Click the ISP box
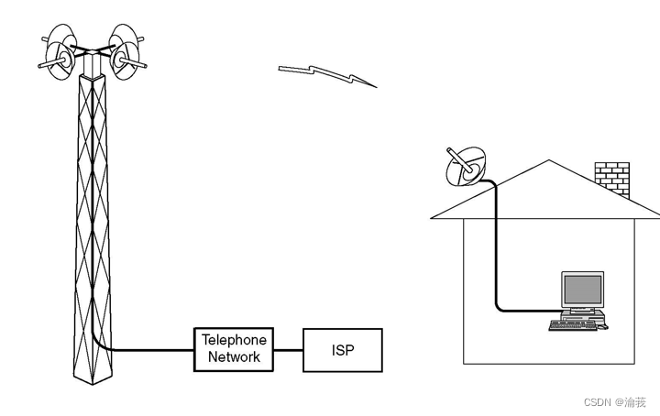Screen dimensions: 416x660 click(x=342, y=349)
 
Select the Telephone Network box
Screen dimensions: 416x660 click(x=233, y=349)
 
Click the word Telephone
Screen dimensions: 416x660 click(x=233, y=340)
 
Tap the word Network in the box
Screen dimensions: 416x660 click(x=234, y=357)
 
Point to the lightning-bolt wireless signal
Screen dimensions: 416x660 click(x=326, y=75)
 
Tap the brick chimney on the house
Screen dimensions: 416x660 click(x=611, y=178)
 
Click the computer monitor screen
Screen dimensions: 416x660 click(x=583, y=290)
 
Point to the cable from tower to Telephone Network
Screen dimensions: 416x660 click(x=147, y=350)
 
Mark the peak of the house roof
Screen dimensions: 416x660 click(x=548, y=162)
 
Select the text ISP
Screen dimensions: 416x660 click(x=342, y=350)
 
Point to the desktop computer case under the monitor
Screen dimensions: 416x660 click(x=582, y=314)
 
